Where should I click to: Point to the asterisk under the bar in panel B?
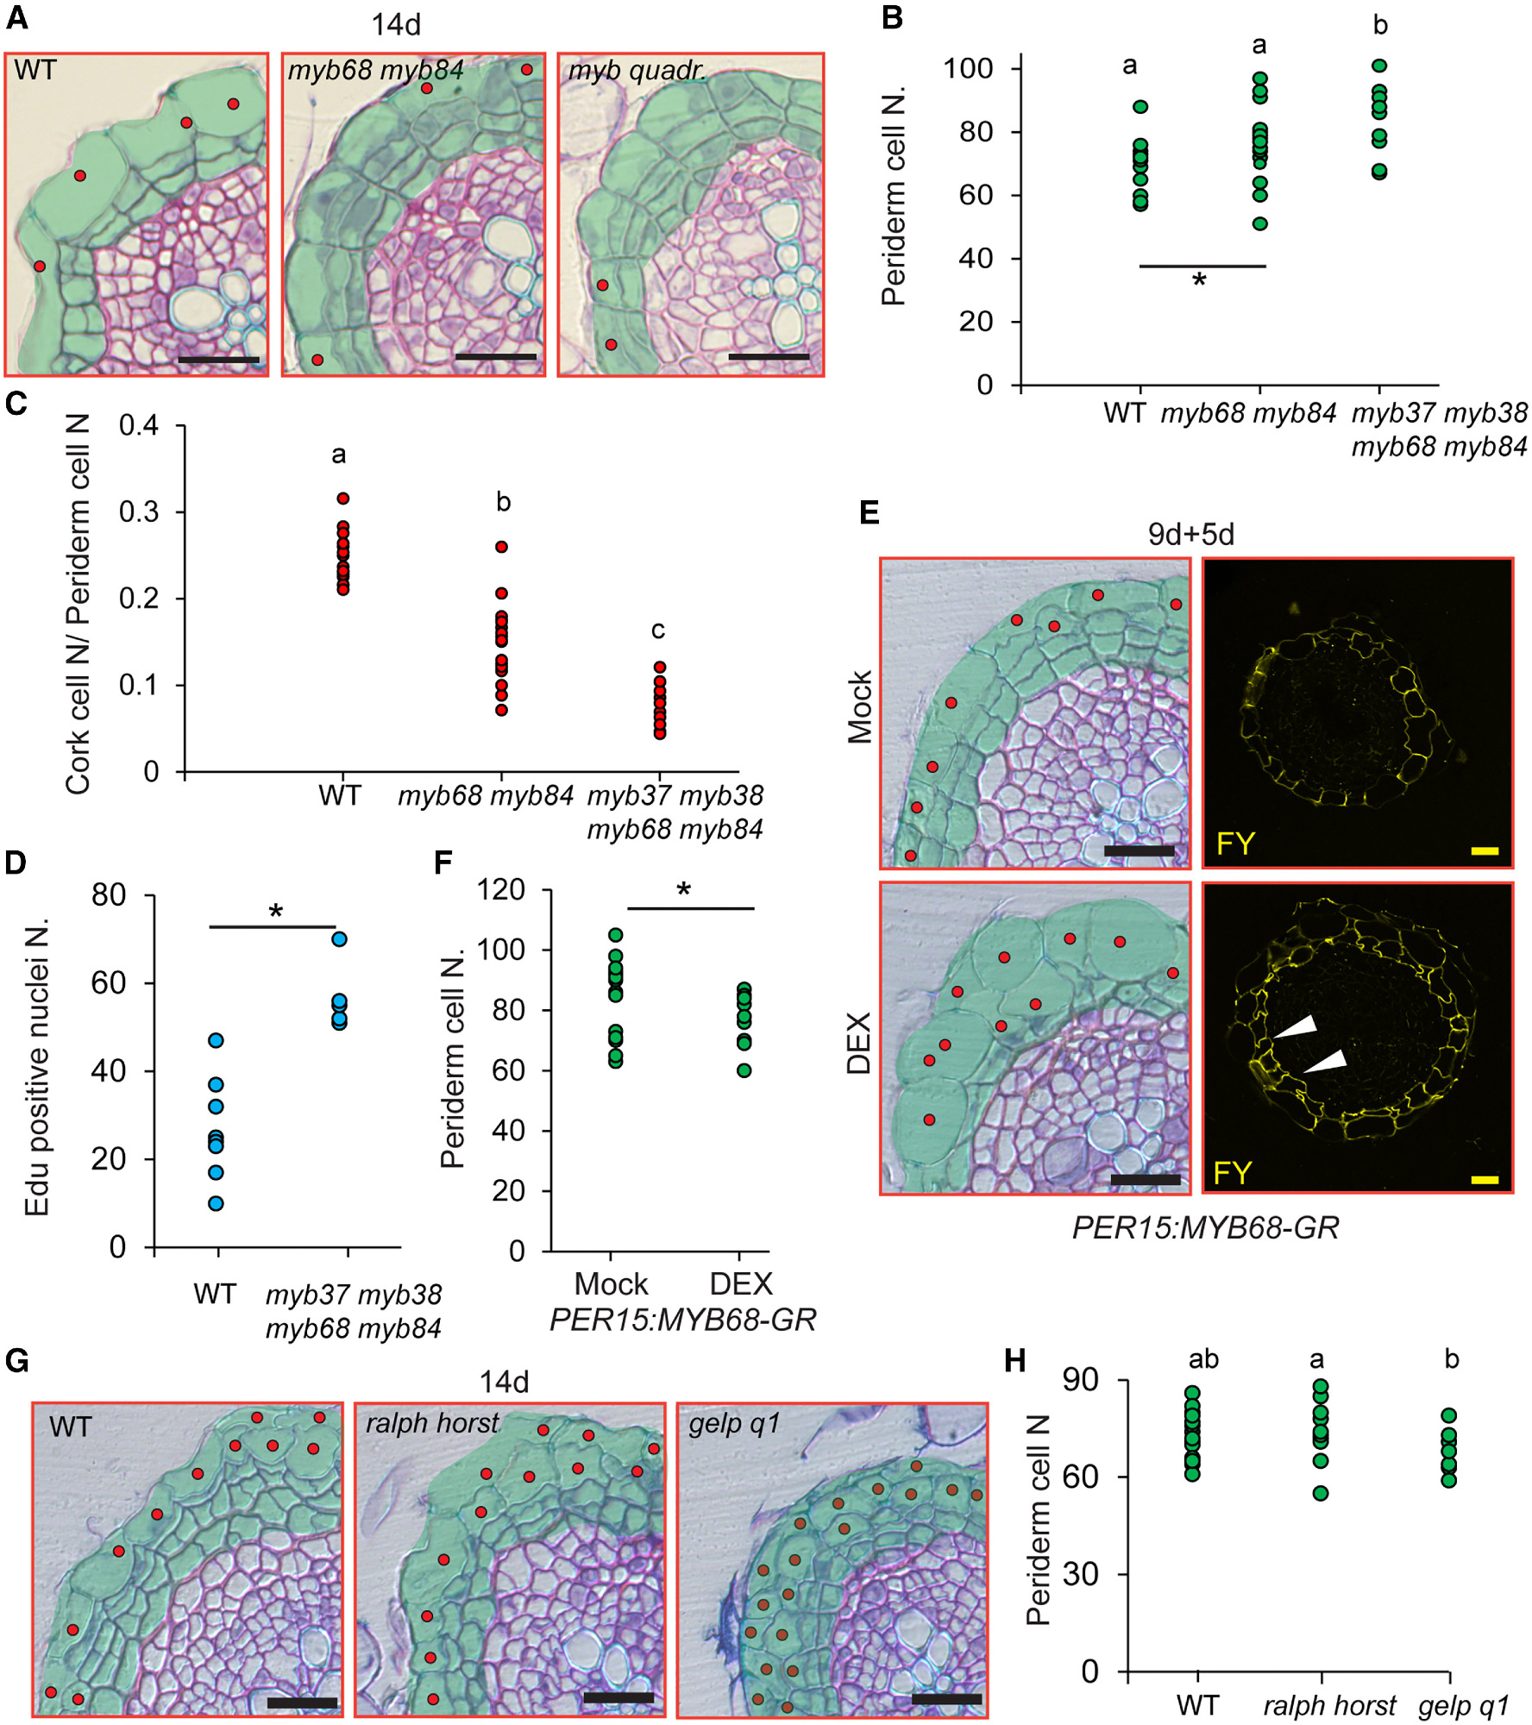[1199, 279]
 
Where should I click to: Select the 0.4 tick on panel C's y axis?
[139, 425]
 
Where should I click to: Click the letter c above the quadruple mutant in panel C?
[658, 630]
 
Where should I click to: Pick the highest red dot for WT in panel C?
[343, 499]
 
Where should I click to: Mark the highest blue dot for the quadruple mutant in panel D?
[340, 939]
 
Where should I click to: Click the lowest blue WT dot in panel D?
[217, 1203]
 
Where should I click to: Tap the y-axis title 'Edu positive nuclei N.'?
[36, 1067]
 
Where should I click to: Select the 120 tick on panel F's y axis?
[501, 889]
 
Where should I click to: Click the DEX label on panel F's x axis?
[741, 1284]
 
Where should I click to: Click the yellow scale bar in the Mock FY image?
[1485, 850]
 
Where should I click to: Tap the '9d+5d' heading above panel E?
[1190, 535]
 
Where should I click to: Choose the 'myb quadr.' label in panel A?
[637, 71]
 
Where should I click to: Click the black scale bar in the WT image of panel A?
[219, 360]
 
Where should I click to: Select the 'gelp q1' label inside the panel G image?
[734, 1423]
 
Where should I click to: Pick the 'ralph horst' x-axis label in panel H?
[1329, 1705]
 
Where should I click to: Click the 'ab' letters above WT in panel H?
[1203, 1360]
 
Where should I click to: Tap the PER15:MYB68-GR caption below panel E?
[1205, 1227]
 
